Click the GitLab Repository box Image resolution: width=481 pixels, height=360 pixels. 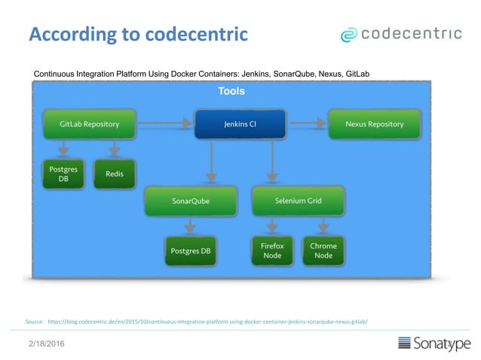(x=89, y=124)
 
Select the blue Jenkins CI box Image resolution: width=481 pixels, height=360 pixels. (x=240, y=124)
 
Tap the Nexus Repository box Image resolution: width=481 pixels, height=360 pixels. (x=374, y=124)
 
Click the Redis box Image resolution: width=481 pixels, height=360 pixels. (x=115, y=174)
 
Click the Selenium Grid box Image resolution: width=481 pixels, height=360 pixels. (x=298, y=202)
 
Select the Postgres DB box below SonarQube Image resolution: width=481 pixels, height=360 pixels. (x=190, y=251)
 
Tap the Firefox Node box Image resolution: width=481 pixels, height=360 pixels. (x=272, y=251)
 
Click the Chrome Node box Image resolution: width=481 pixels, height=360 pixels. (x=323, y=251)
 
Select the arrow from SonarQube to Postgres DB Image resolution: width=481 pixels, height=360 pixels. (x=189, y=225)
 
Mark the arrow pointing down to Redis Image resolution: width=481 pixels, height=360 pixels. (x=115, y=148)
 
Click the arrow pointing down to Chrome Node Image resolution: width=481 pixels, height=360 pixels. (x=323, y=225)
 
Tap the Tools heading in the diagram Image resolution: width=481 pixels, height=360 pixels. (x=231, y=91)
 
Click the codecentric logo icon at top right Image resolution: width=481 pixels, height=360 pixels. (x=348, y=35)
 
